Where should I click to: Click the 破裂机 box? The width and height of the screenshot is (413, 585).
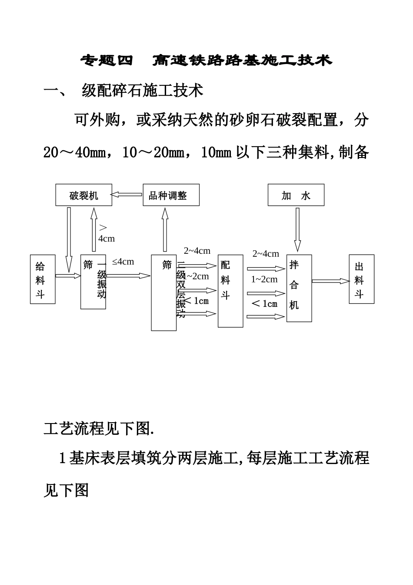coord(83,195)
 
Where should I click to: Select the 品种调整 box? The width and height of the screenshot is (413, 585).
coord(171,195)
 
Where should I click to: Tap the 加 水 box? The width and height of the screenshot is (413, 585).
coord(296,195)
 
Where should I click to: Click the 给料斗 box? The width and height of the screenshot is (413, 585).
coord(43,279)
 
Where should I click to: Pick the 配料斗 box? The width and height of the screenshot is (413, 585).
coord(230,291)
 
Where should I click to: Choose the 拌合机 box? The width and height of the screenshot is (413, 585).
coord(299,288)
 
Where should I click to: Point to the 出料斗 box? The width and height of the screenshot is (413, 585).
coord(361,279)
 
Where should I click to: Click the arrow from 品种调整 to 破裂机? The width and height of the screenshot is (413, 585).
coord(127,194)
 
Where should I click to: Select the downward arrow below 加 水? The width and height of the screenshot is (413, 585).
coord(297,229)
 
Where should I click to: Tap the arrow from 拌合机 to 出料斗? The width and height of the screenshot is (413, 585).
coord(330,281)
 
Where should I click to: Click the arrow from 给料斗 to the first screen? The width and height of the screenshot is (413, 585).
coord(68,276)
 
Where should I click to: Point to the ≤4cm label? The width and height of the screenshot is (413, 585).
coord(123,262)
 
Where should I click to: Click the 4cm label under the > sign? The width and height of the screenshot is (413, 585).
coord(107,239)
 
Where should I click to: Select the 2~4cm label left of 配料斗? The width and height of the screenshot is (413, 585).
coord(197,251)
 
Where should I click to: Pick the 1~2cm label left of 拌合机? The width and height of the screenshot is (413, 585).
coord(264,279)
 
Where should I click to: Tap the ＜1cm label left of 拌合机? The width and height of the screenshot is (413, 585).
coord(264,303)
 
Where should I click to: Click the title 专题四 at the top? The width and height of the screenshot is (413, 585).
coord(107,61)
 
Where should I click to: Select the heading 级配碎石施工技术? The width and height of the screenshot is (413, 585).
coord(143,91)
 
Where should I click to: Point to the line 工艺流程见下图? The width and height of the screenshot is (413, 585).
coord(99,429)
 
